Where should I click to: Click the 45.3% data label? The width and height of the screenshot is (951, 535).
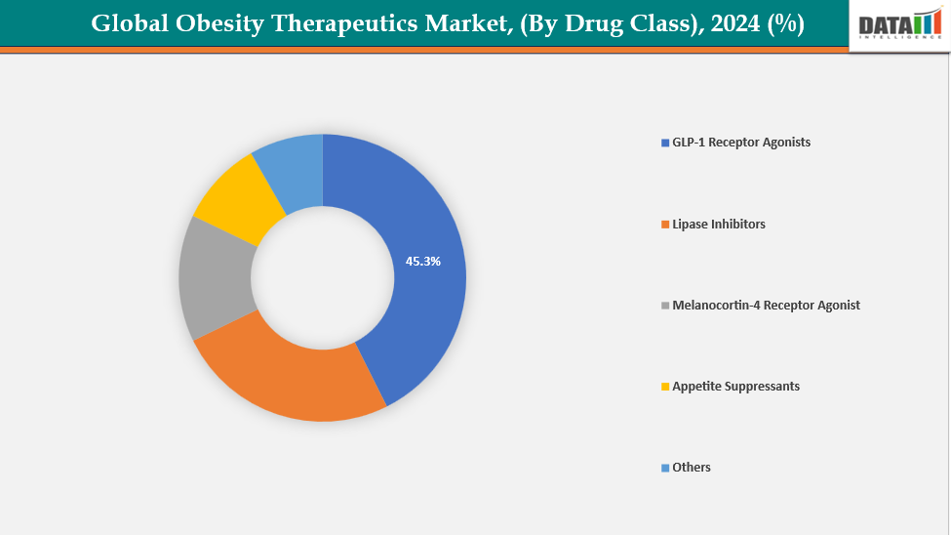pos(423,262)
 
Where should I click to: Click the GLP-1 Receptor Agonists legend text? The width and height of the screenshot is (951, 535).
pos(741,143)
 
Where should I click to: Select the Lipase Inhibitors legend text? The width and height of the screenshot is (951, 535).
pos(719,225)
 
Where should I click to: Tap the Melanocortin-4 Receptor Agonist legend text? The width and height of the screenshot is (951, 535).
pos(766,306)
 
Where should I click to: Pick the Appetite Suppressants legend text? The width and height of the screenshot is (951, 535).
pos(735,387)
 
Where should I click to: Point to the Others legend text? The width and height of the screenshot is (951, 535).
pos(692,468)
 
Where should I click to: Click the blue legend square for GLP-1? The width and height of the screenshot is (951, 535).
pos(665,144)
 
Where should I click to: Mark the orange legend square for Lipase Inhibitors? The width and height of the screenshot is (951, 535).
pos(665,226)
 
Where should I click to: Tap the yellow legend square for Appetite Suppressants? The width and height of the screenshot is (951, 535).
pos(665,388)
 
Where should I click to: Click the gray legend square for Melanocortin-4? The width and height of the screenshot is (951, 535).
pos(665,307)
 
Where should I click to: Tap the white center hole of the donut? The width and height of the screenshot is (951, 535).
pos(323,277)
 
